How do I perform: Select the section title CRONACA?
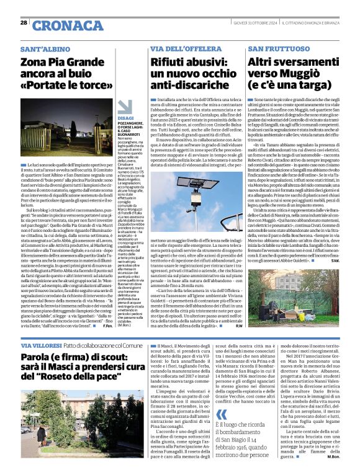pos(60,25)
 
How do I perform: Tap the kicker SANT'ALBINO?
pos(44,48)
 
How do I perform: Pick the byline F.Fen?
pos(106,328)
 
